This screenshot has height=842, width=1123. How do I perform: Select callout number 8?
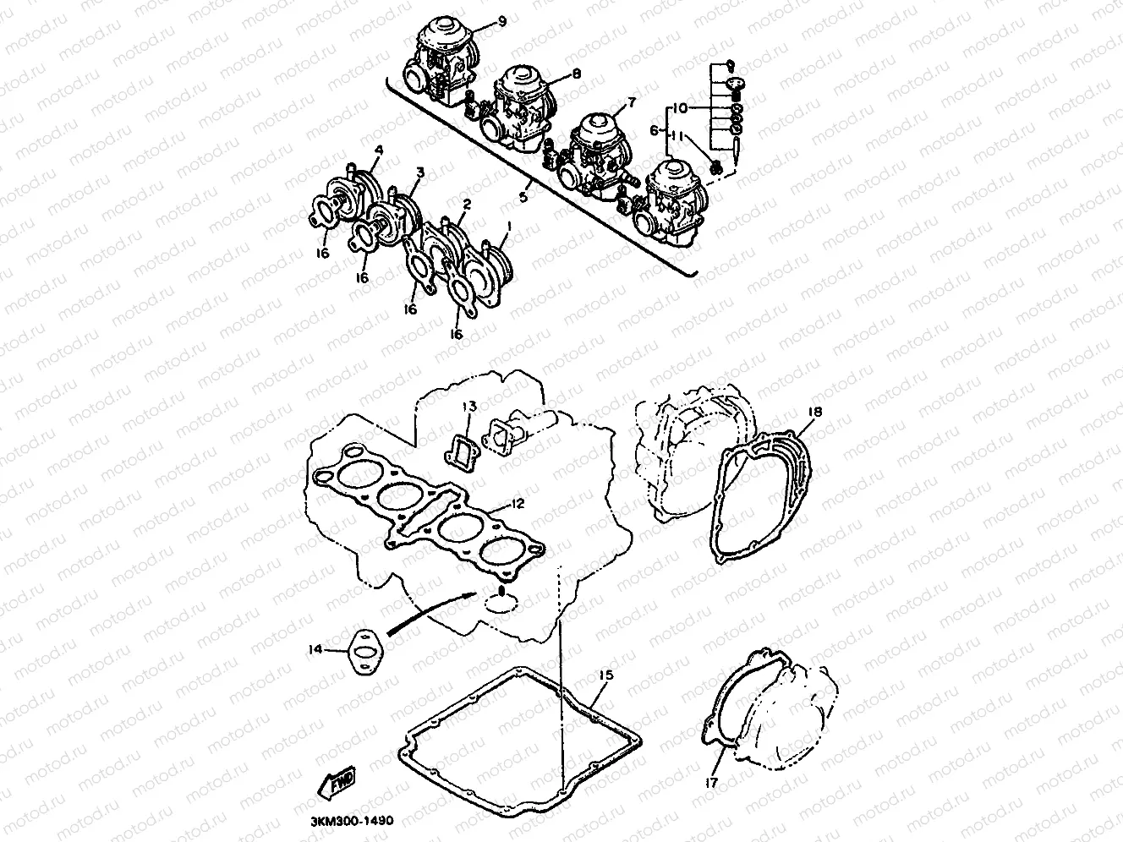pos(576,74)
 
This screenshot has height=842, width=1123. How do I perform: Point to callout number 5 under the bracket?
pos(523,196)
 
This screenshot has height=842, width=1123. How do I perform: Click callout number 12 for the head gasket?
pos(518,504)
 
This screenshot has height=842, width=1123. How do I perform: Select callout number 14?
pos(315,650)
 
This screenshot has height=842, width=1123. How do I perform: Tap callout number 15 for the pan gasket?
pos(605,675)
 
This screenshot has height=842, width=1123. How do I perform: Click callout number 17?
pos(711,783)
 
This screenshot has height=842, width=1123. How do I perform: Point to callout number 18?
pos(814,412)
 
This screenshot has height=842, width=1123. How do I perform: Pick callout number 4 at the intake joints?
pos(378,150)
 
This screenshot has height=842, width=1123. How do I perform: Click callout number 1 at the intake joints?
pos(508,227)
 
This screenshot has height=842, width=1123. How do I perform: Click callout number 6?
pos(654,130)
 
